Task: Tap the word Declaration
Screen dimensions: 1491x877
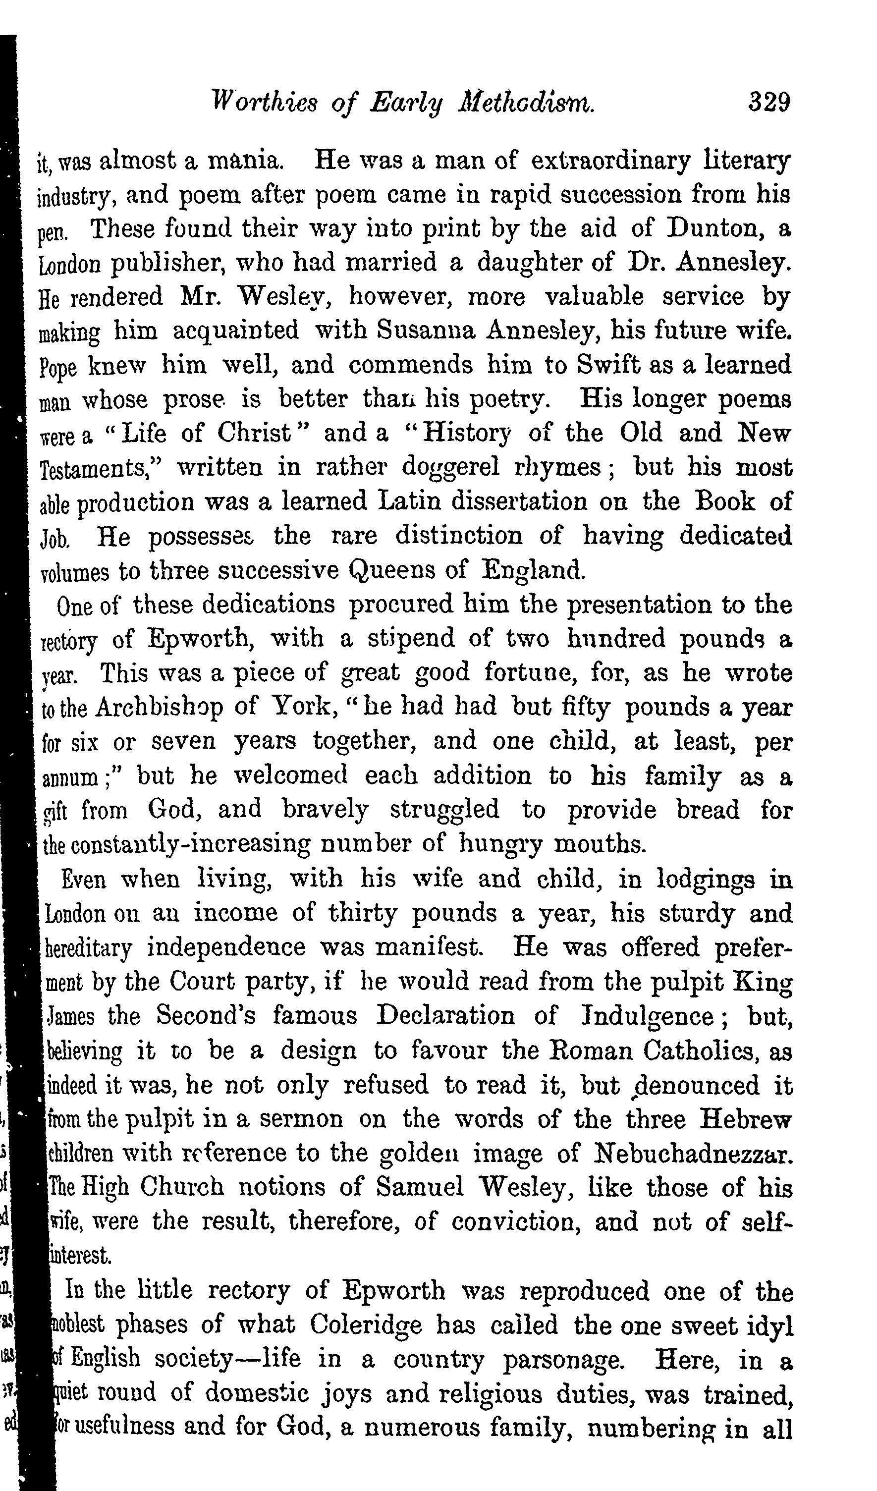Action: click(x=445, y=1016)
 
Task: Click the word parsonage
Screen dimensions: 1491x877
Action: click(x=563, y=1359)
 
